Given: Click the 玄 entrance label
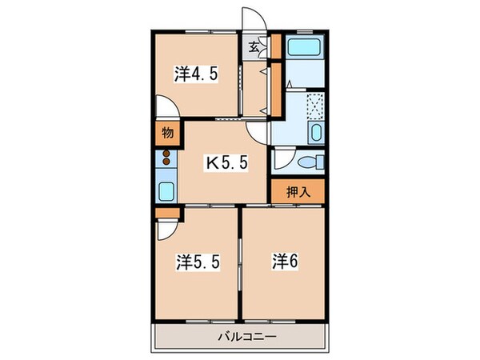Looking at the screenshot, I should (x=254, y=46).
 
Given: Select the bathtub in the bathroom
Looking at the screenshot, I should (x=304, y=48).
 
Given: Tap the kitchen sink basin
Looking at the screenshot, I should (x=166, y=192).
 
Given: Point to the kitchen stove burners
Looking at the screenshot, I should (x=166, y=158).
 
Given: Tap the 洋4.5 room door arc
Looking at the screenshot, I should (x=166, y=108).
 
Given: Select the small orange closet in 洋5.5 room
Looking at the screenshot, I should (x=166, y=213).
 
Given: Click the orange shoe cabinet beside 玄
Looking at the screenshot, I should (x=275, y=46).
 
